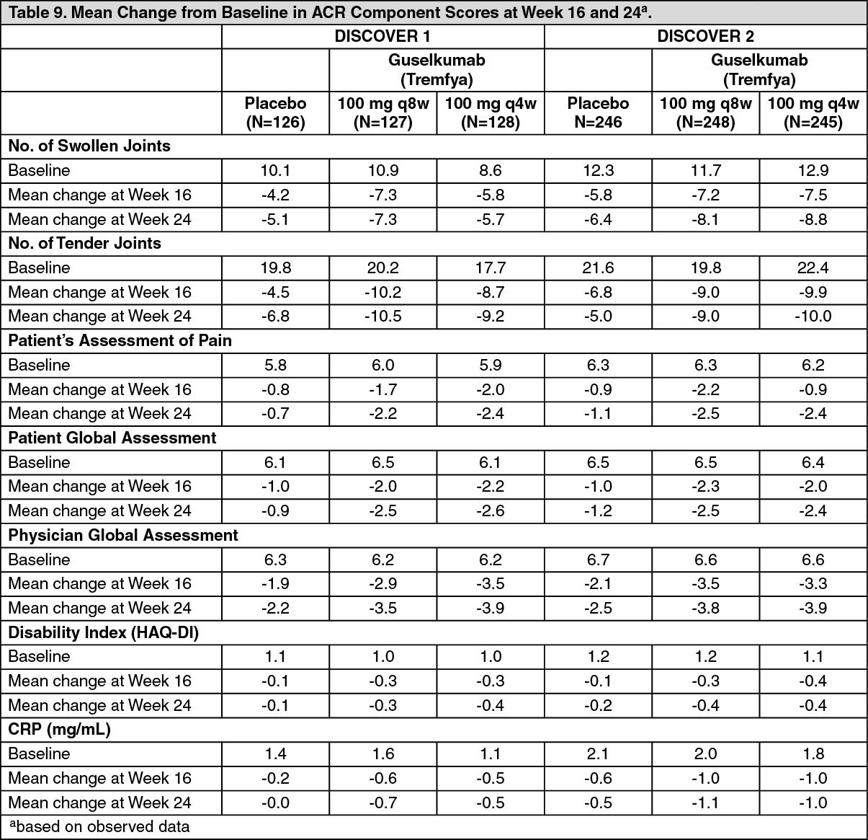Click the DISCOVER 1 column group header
(382, 37)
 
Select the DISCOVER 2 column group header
(705, 37)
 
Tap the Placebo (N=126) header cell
(275, 112)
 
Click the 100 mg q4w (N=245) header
(813, 112)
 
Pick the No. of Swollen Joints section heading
(89, 146)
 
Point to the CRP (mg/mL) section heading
(59, 730)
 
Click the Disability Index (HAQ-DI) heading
(103, 632)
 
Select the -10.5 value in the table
(382, 317)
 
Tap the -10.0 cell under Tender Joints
(813, 317)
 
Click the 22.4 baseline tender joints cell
(813, 268)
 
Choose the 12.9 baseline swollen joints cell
(813, 171)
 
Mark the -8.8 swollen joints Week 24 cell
(813, 219)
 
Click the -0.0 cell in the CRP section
(275, 803)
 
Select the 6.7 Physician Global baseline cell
(598, 560)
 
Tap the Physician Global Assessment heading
(122, 535)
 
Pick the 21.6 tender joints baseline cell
(598, 268)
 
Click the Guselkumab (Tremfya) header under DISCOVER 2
(759, 70)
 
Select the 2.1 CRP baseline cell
(598, 754)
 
